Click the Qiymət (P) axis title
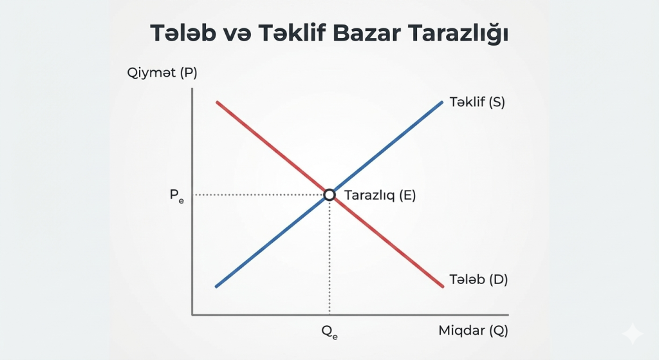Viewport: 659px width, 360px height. point(162,73)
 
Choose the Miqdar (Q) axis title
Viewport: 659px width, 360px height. point(473,331)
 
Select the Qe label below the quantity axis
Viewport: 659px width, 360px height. point(329,332)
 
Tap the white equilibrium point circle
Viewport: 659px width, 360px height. point(329,194)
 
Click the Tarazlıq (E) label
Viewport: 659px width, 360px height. point(380,195)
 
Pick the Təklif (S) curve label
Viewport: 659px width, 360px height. point(477,102)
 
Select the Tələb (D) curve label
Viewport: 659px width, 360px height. point(477,280)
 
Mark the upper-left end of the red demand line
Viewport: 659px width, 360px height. point(218,102)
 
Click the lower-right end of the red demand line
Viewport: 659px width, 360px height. point(443,286)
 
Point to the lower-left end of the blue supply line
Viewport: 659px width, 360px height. point(216,286)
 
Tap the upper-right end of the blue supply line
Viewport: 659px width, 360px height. point(442,102)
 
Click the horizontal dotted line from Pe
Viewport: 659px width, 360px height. point(257,194)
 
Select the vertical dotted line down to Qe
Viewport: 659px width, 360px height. point(329,258)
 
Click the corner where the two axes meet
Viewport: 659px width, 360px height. point(192,315)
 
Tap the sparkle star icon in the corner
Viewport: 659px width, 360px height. point(632,333)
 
